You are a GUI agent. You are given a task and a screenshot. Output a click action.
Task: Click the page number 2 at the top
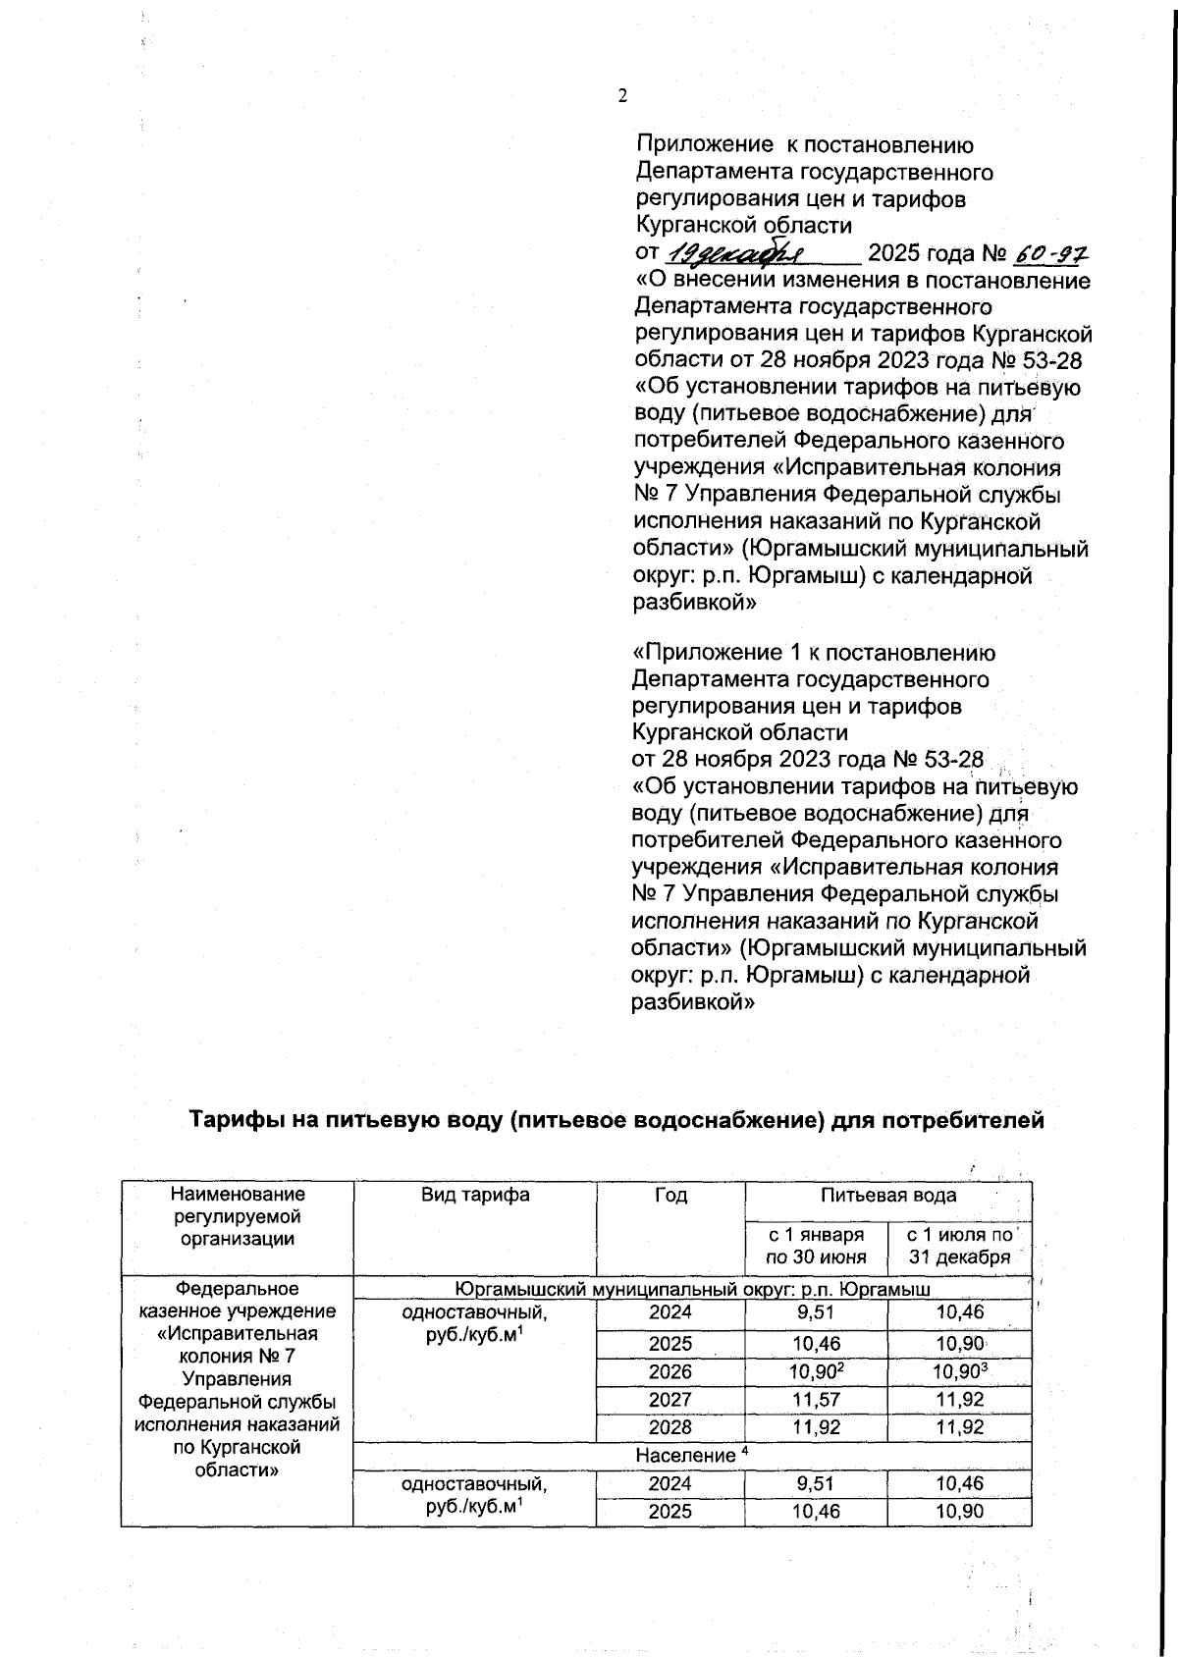[621, 95]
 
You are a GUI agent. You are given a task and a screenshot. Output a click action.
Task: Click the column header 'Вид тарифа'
[475, 1195]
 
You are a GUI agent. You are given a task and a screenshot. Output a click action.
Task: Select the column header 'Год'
[670, 1195]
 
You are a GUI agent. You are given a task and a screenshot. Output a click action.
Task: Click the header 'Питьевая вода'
[888, 1195]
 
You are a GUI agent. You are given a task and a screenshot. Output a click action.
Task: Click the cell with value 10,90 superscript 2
[816, 1371]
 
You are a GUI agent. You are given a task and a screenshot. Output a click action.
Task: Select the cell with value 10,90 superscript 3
[959, 1371]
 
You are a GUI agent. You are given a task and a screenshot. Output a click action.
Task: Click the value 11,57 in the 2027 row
[816, 1400]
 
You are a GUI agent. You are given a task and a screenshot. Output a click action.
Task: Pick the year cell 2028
[670, 1427]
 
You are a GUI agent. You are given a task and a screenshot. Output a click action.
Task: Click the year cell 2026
[670, 1371]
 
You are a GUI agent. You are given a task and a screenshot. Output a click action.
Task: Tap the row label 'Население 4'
[692, 1455]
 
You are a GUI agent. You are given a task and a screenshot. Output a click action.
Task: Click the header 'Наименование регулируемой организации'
[238, 1216]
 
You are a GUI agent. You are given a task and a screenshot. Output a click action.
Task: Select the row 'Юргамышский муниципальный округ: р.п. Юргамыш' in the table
[692, 1288]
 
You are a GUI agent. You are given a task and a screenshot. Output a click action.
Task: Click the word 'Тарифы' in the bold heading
[232, 1120]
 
